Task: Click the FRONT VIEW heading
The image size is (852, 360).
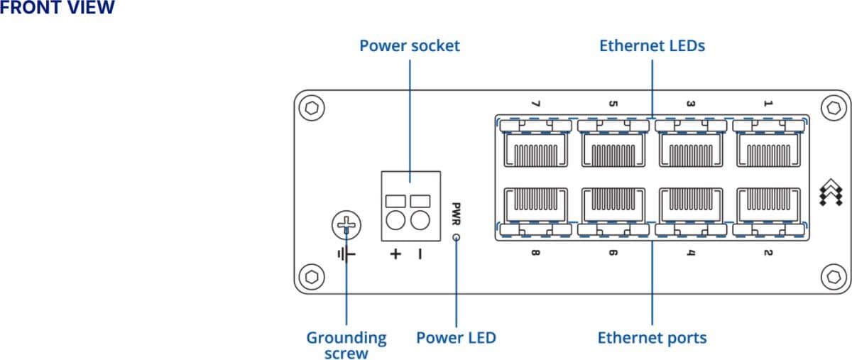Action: [57, 8]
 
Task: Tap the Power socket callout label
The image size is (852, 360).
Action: [410, 46]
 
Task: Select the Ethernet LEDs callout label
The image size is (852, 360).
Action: [652, 46]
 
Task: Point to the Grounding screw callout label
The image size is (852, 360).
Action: [346, 345]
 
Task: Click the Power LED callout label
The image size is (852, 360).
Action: [456, 337]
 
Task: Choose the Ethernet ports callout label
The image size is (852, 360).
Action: [652, 337]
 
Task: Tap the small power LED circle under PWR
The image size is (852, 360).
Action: [456, 238]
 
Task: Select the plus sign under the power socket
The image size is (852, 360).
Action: [395, 253]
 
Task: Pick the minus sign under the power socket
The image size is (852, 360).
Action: [420, 253]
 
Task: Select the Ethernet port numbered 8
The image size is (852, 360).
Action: [535, 206]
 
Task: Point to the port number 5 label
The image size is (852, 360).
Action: [613, 104]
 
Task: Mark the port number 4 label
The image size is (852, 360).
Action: [690, 252]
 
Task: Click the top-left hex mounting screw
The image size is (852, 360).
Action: [311, 108]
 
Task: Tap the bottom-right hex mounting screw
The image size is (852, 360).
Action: [834, 276]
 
